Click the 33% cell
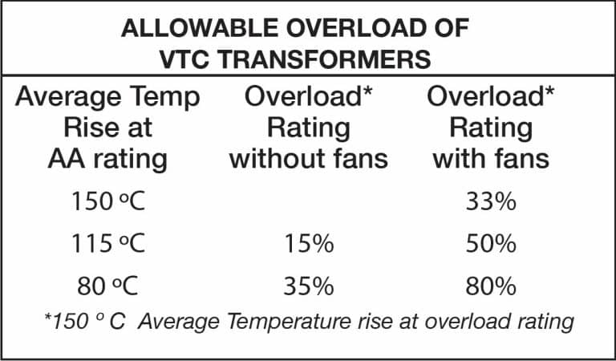click(x=490, y=201)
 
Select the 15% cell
click(x=309, y=243)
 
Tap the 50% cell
click(x=490, y=243)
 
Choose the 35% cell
click(x=309, y=284)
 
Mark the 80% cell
click(x=490, y=284)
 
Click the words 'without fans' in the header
click(x=309, y=158)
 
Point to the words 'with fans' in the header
click(x=491, y=158)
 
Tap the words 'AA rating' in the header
click(x=107, y=158)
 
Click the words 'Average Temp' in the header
click(x=107, y=98)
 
